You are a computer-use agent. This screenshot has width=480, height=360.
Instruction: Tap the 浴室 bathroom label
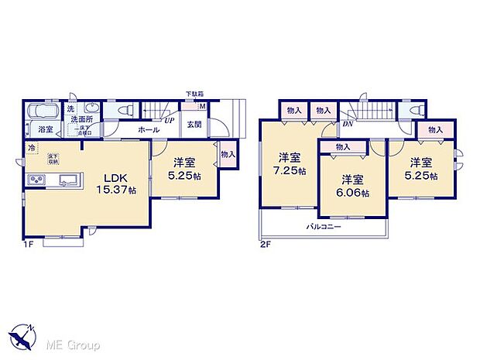pyautogui.click(x=45, y=129)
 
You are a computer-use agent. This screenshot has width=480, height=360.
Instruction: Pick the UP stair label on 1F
pyautogui.click(x=167, y=121)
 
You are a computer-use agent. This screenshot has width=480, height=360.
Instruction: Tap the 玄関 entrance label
pyautogui.click(x=194, y=125)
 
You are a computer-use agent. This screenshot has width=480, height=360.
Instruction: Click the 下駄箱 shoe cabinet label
pyautogui.click(x=194, y=94)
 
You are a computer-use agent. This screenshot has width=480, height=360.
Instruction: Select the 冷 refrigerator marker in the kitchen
pyautogui.click(x=32, y=148)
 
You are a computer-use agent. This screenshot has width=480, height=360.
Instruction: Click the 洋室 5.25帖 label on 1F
pyautogui.click(x=184, y=168)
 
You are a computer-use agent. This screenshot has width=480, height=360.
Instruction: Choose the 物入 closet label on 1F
pyautogui.click(x=227, y=154)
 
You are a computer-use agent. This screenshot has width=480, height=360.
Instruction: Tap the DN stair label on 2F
pyautogui.click(x=348, y=123)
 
